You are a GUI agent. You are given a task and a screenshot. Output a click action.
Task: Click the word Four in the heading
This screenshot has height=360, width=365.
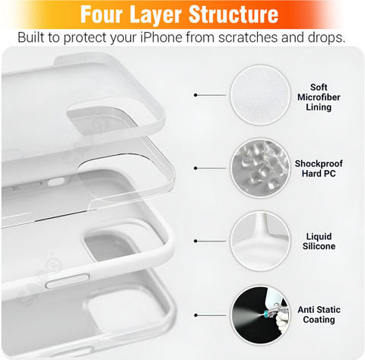(x=101, y=14)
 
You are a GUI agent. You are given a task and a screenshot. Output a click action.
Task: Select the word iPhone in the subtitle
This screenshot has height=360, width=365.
(x=161, y=37)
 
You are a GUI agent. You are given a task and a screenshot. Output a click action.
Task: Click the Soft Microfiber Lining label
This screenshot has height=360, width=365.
(x=319, y=97)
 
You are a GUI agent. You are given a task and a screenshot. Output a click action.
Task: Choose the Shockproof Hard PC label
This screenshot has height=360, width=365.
(x=319, y=169)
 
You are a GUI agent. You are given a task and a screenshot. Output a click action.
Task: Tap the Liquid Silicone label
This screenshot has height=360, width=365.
(x=319, y=242)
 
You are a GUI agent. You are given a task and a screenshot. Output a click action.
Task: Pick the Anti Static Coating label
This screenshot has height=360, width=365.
(x=319, y=314)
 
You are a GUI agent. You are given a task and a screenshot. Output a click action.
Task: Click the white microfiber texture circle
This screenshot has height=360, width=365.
(x=260, y=95)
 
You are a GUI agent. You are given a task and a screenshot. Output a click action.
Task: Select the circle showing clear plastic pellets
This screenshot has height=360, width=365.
(x=260, y=168)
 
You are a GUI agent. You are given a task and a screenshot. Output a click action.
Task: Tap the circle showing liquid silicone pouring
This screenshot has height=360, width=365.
(x=260, y=241)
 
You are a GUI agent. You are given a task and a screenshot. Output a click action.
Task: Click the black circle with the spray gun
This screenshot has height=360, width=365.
(x=260, y=315)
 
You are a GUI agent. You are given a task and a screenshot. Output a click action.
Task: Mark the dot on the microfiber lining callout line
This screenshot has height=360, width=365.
(x=195, y=95)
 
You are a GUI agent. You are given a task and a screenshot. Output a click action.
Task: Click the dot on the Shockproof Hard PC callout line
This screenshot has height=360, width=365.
(x=195, y=168)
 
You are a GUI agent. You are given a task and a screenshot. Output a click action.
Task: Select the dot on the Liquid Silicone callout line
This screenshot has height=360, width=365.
(x=195, y=241)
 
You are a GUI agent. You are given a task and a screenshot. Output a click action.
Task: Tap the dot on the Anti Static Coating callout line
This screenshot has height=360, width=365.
(x=195, y=315)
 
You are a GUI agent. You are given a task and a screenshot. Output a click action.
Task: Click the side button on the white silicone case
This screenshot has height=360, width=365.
(x=68, y=280)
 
